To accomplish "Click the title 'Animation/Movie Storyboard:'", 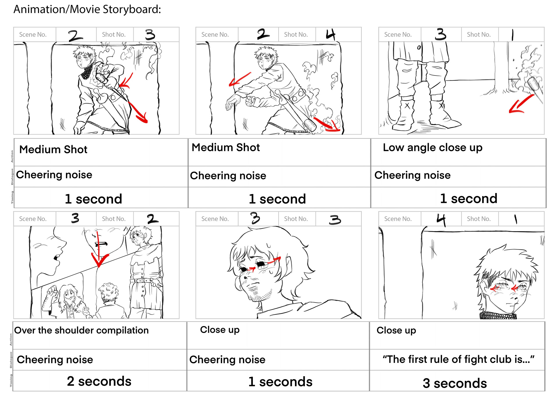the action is [x=87, y=10].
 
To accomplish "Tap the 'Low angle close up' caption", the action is [x=432, y=148].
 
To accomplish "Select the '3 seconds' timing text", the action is [x=455, y=383].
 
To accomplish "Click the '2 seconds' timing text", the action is [x=99, y=381].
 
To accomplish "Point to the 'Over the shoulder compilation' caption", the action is [x=81, y=330].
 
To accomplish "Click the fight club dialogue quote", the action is [x=458, y=359].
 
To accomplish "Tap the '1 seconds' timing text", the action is [x=280, y=382].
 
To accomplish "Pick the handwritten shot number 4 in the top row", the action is [x=330, y=35].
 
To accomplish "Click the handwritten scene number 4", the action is [x=441, y=220].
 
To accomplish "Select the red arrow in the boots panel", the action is [x=520, y=105].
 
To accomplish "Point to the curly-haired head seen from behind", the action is [x=108, y=292].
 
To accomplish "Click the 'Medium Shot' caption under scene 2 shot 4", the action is [x=226, y=147].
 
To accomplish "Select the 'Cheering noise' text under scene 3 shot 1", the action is [x=412, y=175].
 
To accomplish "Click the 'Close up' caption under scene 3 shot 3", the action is [x=220, y=330].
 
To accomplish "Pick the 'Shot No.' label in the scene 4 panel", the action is [x=478, y=219].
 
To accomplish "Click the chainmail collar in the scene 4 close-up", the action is [x=498, y=316].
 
